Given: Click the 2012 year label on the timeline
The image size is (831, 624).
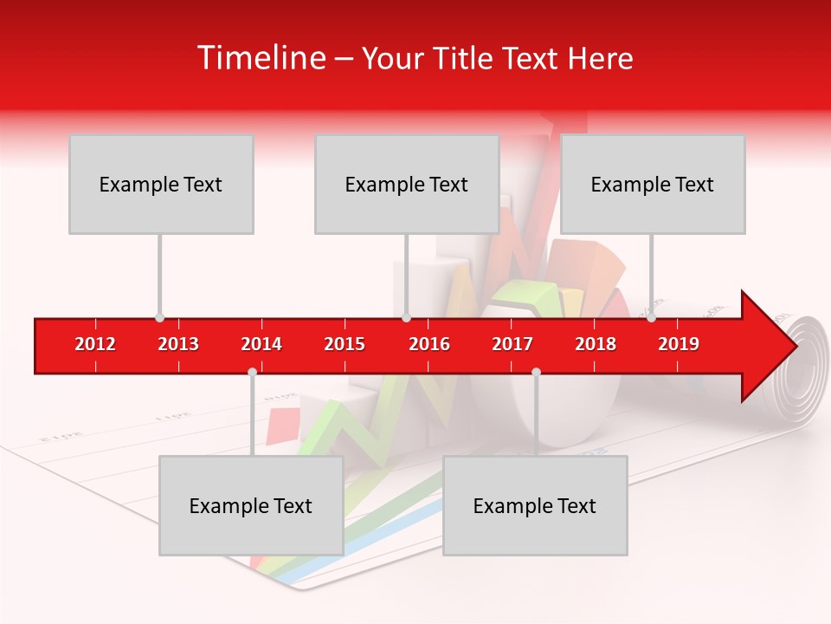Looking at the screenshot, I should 95,344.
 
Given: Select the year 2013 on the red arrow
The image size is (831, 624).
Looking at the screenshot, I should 178,344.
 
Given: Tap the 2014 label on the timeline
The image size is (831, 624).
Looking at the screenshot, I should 261,344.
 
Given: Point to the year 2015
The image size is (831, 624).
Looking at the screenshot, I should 345,344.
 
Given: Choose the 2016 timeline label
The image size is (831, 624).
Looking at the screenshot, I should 429,344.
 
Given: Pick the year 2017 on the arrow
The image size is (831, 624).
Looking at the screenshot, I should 512,344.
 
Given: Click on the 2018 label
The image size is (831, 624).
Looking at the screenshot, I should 596,344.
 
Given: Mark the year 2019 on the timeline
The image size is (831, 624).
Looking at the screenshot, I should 679,344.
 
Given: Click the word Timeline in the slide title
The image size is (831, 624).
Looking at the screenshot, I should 261,58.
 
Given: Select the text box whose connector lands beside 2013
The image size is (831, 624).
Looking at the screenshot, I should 161,184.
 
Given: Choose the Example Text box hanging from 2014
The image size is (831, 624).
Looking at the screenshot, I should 251,505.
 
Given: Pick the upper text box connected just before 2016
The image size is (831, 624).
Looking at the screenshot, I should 407,184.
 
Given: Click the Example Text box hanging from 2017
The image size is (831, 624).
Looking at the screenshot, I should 535,505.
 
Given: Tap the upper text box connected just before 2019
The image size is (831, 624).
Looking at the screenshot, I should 653,184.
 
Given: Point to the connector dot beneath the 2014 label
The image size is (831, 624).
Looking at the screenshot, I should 252,372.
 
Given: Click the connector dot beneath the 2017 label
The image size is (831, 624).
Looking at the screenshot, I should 536,372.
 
